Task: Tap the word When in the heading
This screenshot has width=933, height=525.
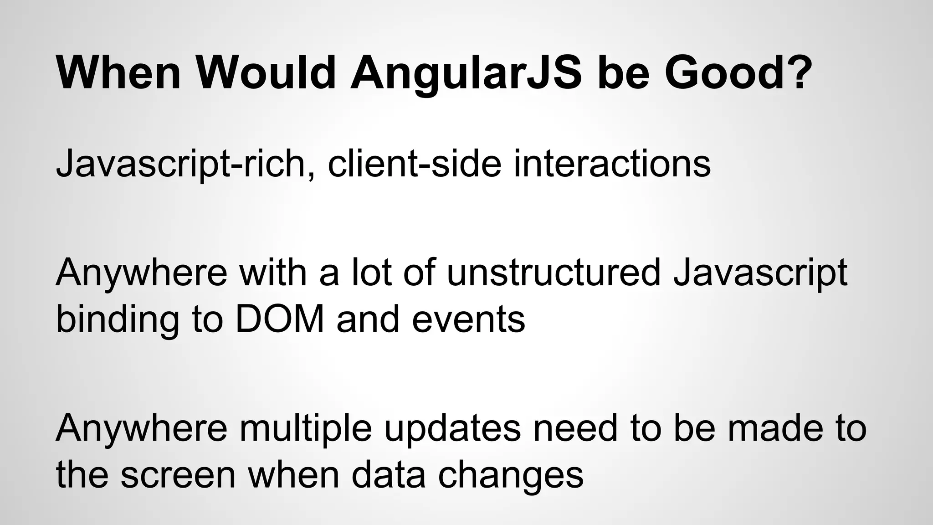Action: point(119,73)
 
